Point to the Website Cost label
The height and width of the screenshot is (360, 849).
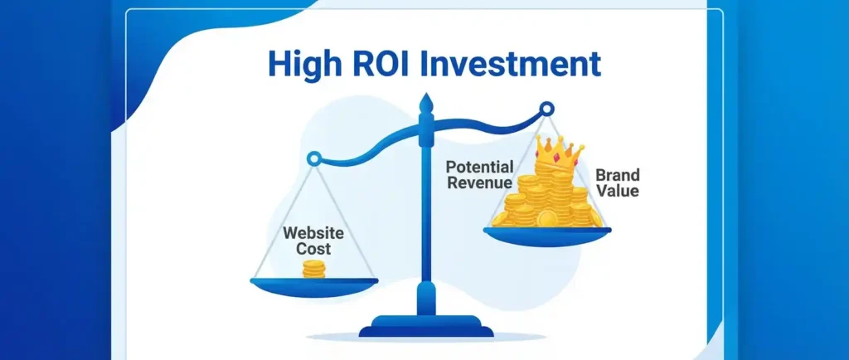tap(313, 241)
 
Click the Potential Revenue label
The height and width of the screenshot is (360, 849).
tap(479, 174)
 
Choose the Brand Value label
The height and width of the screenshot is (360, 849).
tap(617, 182)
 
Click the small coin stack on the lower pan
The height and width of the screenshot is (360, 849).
tap(314, 269)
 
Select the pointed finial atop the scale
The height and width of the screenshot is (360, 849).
tap(427, 104)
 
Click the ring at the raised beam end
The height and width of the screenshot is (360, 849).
tap(547, 109)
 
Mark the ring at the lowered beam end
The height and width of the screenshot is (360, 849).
tap(313, 158)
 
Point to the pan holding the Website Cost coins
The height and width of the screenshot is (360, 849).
tap(314, 287)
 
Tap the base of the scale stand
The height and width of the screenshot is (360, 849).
tap(426, 326)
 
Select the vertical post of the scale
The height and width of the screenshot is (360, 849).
tap(427, 216)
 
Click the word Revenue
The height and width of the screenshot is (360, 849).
tap(479, 182)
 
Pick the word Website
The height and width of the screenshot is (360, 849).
tap(313, 233)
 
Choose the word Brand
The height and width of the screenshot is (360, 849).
tap(617, 175)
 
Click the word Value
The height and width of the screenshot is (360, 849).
tap(617, 191)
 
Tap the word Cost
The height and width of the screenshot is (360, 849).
tap(313, 249)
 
